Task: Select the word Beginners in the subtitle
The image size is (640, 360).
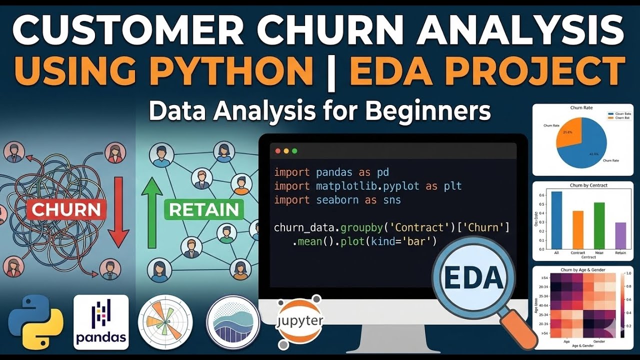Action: pyautogui.click(x=428, y=111)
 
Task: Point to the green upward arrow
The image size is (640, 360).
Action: pyautogui.click(x=152, y=212)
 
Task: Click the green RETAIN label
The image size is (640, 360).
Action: pyautogui.click(x=203, y=209)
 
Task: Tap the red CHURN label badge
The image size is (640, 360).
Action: pyautogui.click(x=66, y=210)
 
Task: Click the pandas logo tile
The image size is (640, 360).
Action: pyautogui.click(x=101, y=322)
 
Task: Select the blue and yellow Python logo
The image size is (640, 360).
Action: pyautogui.click(x=35, y=322)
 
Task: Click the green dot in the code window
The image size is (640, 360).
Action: pyautogui.click(x=294, y=151)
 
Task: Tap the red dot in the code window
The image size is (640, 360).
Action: pyautogui.click(x=277, y=151)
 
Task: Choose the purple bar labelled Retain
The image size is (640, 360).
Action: pyautogui.click(x=620, y=235)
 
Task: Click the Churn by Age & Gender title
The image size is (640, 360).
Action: pyautogui.click(x=582, y=270)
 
